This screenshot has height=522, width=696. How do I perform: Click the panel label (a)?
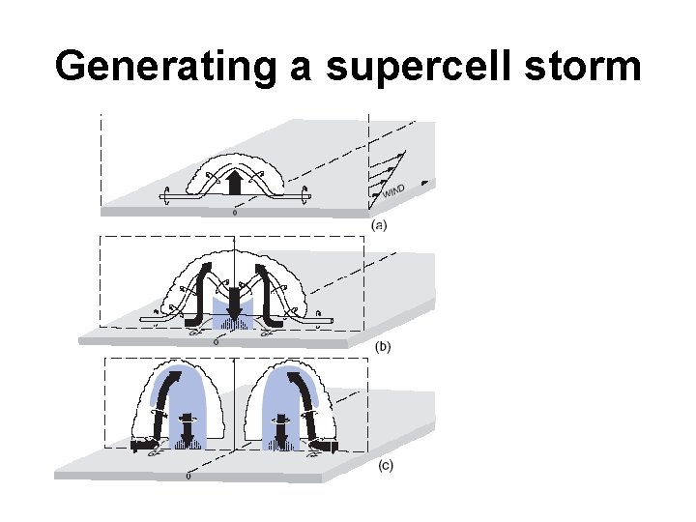coord(382,224)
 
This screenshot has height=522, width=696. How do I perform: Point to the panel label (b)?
coord(382,346)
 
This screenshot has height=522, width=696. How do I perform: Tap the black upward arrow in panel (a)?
coord(235,182)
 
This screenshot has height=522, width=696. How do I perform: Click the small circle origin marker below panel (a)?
coord(233,214)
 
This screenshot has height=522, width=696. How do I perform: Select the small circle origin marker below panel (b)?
coord(215,341)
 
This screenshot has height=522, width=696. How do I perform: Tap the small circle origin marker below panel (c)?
coord(188,477)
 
